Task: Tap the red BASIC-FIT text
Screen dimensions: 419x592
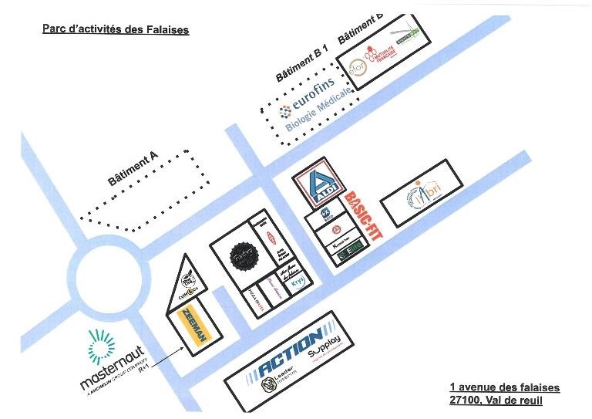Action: tap(362, 218)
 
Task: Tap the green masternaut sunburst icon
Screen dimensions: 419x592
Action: tap(103, 347)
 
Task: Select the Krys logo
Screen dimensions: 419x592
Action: tap(298, 282)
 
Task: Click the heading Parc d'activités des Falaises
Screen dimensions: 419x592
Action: tap(115, 30)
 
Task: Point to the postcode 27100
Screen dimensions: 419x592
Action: tap(462, 401)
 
